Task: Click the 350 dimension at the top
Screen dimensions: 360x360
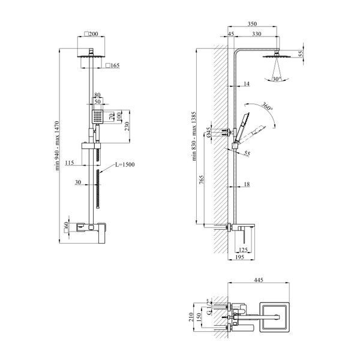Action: coord(252,23)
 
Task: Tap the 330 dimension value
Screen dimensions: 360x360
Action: coord(256,34)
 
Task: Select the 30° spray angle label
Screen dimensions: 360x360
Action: coord(277,79)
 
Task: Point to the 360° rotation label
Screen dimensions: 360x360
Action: coord(268,106)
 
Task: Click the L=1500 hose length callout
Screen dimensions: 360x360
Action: coord(125,164)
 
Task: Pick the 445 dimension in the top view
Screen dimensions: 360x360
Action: coord(258,280)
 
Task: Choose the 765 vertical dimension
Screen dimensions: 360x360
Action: coord(201,180)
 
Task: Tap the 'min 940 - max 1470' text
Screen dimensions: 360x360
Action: coord(58,146)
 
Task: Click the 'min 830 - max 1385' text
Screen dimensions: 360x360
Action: coord(194,136)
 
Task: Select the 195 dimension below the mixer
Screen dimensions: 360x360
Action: coord(239,257)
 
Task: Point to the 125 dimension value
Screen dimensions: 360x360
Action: coord(243,250)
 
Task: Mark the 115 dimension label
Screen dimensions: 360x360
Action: coord(70,163)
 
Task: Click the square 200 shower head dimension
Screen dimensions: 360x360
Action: coord(91,34)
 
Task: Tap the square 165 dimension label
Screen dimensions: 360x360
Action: coord(113,65)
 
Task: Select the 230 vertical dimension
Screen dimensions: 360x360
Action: coord(127,127)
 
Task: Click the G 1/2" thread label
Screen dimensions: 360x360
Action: coord(209,307)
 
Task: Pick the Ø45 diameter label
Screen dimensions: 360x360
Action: coord(208,133)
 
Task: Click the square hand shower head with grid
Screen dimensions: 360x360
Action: coord(98,116)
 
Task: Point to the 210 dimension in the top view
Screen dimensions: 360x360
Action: coord(191,317)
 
